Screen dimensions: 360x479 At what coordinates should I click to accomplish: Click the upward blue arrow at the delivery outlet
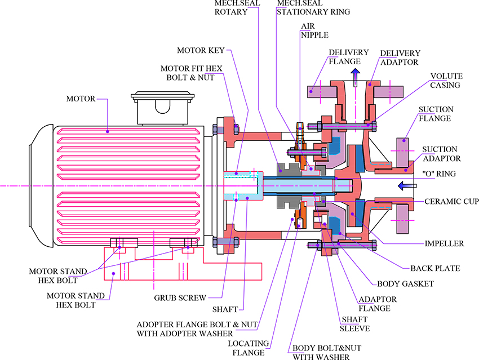click(354, 78)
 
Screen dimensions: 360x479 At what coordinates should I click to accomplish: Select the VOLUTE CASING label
click(446, 81)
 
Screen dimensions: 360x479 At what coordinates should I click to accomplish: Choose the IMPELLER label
click(445, 243)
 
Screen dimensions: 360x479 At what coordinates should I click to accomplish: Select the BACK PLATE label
click(436, 269)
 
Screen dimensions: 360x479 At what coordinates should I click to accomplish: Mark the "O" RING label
click(440, 174)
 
